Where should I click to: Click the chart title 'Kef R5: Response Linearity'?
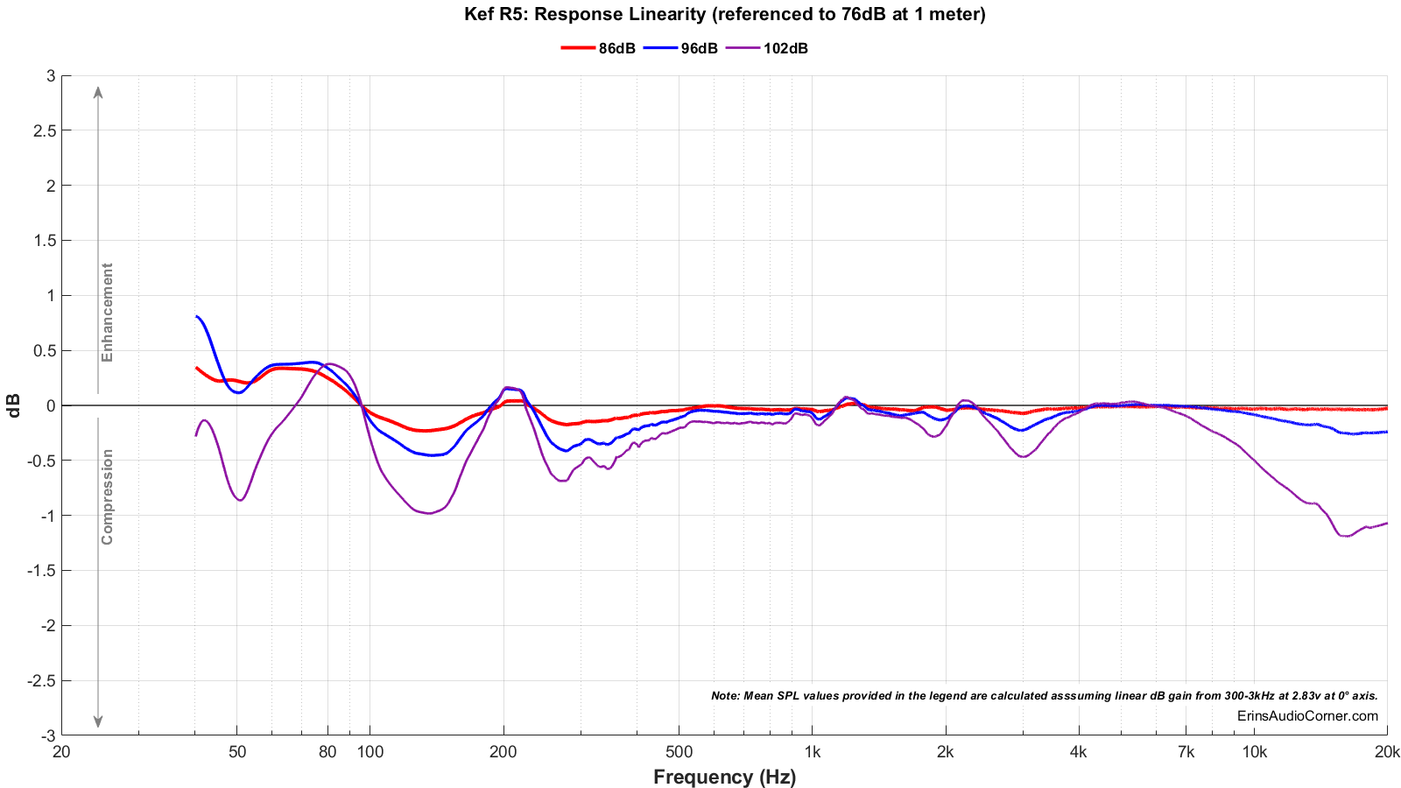(x=725, y=14)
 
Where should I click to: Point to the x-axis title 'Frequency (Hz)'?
(x=724, y=777)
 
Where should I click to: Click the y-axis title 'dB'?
(x=14, y=405)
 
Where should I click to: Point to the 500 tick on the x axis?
(x=679, y=752)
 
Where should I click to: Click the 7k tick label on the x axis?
(x=1186, y=752)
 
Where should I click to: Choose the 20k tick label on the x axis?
(x=1387, y=752)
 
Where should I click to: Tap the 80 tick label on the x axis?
(x=327, y=752)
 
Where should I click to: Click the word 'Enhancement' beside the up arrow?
(x=108, y=313)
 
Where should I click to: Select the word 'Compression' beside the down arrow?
(x=108, y=496)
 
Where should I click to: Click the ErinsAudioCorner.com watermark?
(x=1307, y=716)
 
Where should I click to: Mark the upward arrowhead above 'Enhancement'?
(x=98, y=91)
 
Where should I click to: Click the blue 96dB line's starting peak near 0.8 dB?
(x=198, y=317)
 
